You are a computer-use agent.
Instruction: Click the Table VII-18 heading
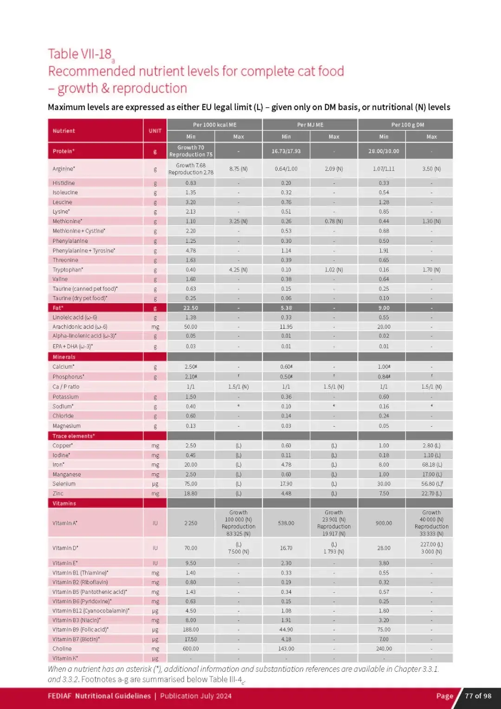click(80, 54)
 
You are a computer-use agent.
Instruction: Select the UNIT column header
click(155, 131)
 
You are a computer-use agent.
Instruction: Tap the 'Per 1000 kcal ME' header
click(214, 125)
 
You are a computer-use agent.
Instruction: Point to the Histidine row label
click(64, 183)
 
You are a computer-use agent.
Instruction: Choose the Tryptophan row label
click(68, 270)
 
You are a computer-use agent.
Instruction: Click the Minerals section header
click(64, 357)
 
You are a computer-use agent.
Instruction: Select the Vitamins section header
click(64, 503)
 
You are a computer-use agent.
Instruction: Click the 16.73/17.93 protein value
click(286, 151)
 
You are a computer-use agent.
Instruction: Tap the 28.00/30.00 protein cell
click(384, 151)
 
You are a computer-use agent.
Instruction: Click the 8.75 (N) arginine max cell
click(238, 169)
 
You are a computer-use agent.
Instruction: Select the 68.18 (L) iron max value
click(432, 465)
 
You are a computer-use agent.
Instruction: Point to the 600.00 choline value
click(191, 649)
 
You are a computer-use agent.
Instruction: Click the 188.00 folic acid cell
click(191, 630)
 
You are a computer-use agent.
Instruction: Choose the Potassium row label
click(65, 397)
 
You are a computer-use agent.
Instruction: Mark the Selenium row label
click(64, 484)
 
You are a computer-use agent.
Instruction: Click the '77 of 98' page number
click(478, 696)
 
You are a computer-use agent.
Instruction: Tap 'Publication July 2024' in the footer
click(196, 696)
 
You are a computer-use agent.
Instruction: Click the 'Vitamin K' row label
click(65, 658)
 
